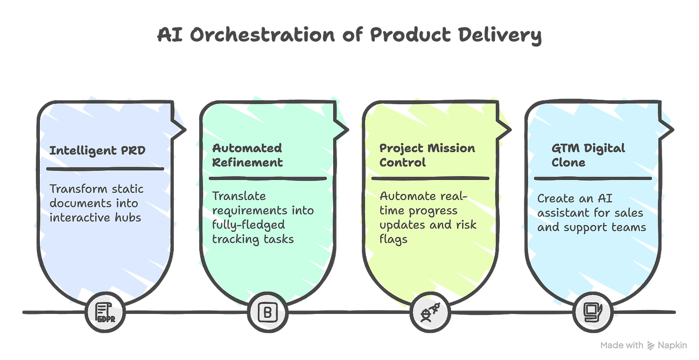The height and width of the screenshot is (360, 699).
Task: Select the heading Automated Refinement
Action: pos(247,155)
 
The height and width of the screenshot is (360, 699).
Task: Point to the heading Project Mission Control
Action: pos(427,155)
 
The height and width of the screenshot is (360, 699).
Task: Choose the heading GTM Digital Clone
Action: pos(588,155)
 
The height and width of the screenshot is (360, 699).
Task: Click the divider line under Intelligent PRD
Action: pos(105,168)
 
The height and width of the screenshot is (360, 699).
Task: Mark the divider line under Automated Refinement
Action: pos(267,178)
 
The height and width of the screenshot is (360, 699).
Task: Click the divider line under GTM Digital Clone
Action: pos(592,178)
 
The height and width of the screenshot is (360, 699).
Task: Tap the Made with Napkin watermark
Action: pos(643,345)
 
